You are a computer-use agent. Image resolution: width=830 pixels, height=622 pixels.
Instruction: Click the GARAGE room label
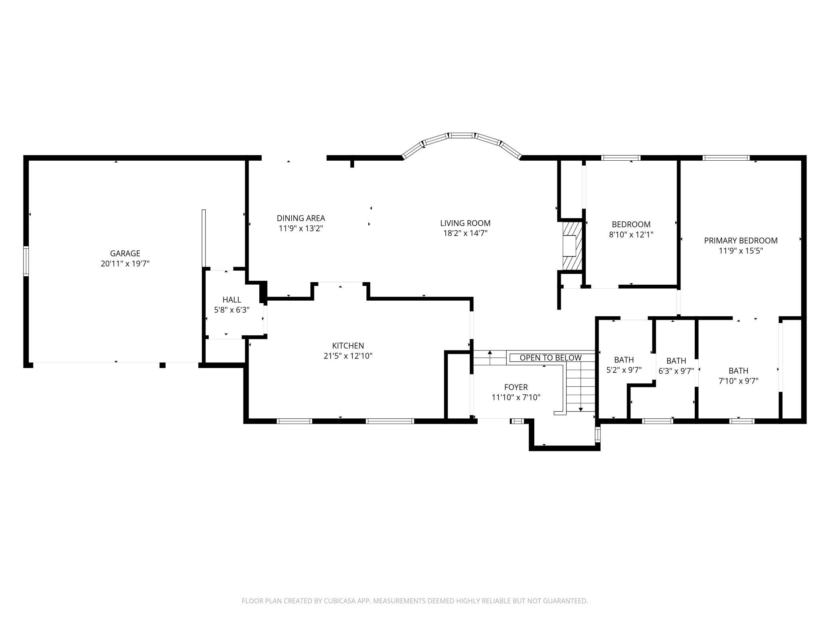coord(125,253)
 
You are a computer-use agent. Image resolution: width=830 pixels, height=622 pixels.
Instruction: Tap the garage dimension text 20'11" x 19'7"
coord(125,264)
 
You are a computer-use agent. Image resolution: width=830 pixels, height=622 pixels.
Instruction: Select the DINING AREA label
coord(301,218)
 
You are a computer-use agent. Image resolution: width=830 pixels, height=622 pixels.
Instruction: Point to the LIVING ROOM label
coord(465,223)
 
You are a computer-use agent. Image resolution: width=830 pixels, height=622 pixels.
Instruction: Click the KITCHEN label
coord(348,346)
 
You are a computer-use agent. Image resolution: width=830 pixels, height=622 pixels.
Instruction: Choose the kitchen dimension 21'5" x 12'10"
coord(348,356)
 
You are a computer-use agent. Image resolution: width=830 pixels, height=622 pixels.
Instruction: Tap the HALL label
coord(232,299)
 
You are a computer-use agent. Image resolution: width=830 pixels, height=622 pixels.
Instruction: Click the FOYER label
coord(516,387)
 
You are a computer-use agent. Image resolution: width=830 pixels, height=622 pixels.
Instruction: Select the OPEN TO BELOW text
coord(551,358)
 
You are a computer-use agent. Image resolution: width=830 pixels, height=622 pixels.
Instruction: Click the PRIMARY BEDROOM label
coord(741,241)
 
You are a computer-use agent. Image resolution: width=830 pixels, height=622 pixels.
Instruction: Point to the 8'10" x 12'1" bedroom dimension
coord(631,235)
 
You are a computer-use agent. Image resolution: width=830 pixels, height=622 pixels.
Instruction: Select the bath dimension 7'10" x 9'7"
coord(739,381)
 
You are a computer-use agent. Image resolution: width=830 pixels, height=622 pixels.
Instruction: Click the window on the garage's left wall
coord(26,261)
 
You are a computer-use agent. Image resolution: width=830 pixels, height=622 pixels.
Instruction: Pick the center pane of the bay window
coord(462,136)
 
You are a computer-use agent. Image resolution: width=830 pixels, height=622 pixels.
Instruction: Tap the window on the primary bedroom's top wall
coord(726,158)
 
